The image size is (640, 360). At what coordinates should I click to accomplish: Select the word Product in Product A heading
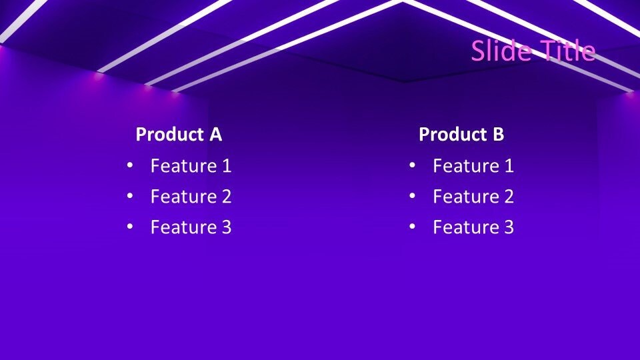(169, 135)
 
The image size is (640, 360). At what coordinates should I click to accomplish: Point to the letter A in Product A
(215, 135)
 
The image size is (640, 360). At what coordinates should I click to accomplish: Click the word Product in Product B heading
(453, 135)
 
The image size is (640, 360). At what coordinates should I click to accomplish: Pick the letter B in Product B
(498, 135)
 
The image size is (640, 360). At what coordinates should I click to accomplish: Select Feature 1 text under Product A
(191, 166)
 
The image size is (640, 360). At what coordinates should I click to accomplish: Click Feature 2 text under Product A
(191, 197)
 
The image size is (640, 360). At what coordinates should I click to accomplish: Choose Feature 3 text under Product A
(191, 227)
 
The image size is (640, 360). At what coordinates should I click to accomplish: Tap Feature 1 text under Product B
(473, 166)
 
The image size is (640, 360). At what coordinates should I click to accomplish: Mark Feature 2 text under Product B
(473, 197)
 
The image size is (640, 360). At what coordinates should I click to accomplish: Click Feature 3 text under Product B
(473, 227)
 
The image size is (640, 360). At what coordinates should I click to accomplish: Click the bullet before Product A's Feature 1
(129, 166)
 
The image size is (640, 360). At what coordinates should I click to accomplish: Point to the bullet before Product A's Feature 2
(129, 197)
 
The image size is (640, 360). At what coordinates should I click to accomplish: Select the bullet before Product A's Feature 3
(129, 227)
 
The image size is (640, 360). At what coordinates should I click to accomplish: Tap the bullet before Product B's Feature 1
(412, 166)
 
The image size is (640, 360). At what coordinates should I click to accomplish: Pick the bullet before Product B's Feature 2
(412, 197)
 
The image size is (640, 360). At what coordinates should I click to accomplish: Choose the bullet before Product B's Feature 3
(412, 227)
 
